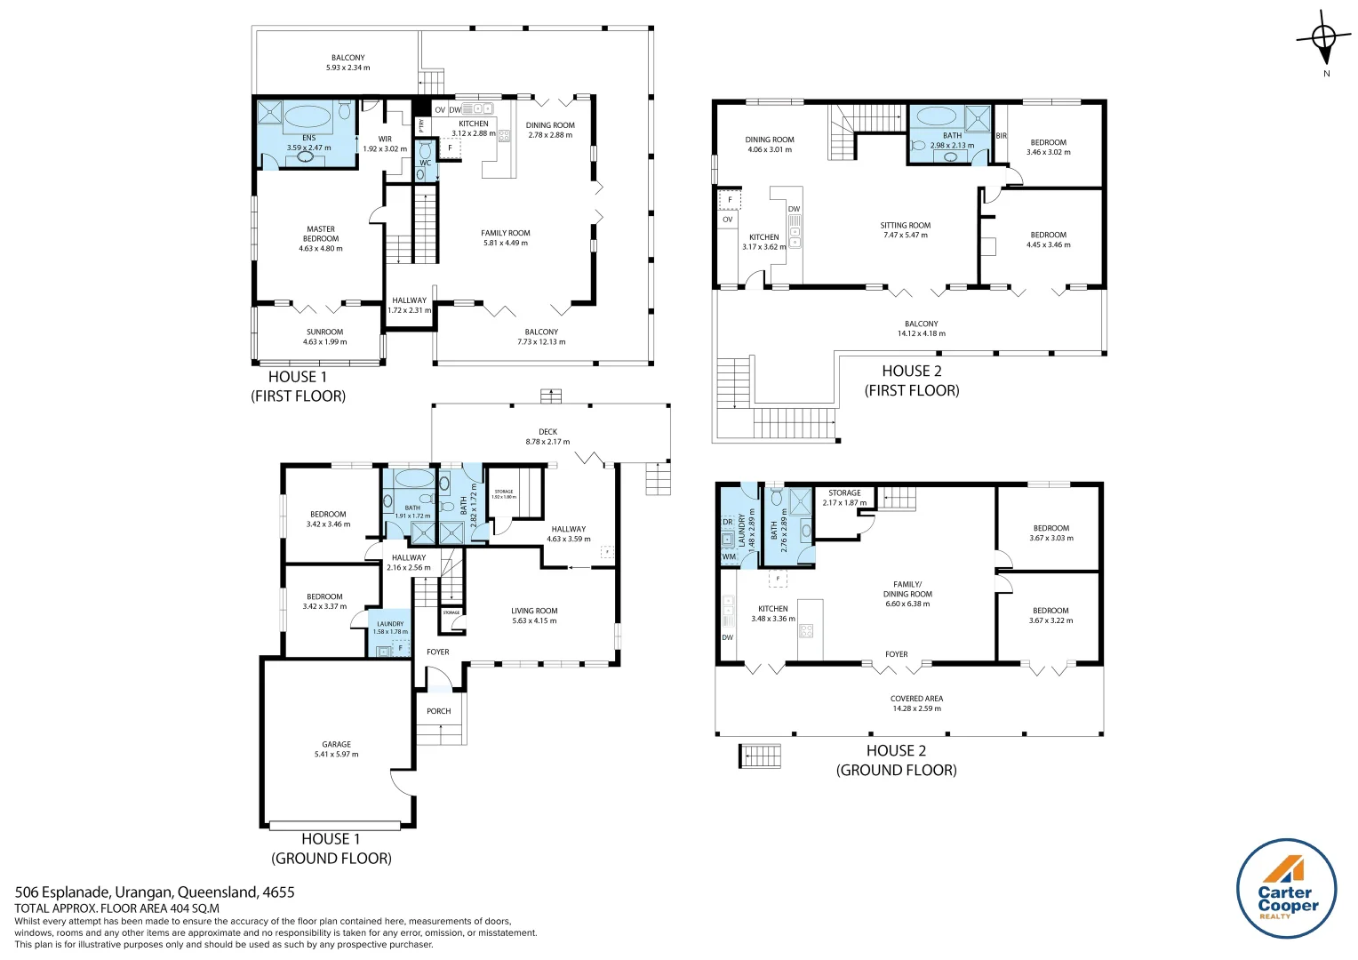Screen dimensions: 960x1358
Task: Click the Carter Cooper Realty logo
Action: [1286, 888]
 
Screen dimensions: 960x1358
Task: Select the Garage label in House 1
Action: [336, 745]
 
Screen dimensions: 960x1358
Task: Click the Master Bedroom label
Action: [321, 234]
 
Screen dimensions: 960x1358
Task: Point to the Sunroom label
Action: [324, 332]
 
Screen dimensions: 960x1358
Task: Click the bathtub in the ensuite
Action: [308, 116]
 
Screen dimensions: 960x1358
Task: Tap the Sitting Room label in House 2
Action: [906, 226]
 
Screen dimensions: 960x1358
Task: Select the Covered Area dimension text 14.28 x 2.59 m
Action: [916, 708]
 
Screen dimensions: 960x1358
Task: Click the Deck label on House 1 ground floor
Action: [547, 432]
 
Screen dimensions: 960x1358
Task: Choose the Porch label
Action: [438, 711]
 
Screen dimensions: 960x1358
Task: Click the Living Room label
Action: [534, 612]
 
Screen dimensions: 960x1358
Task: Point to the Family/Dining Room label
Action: [907, 589]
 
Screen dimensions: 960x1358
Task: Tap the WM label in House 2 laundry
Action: [729, 557]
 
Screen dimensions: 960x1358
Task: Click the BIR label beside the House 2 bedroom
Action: [1001, 136]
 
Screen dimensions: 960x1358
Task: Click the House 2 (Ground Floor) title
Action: [896, 761]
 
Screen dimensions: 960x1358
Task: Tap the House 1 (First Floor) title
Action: [298, 387]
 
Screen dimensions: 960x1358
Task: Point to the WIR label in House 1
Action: [385, 140]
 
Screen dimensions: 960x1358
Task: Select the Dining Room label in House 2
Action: [770, 140]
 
